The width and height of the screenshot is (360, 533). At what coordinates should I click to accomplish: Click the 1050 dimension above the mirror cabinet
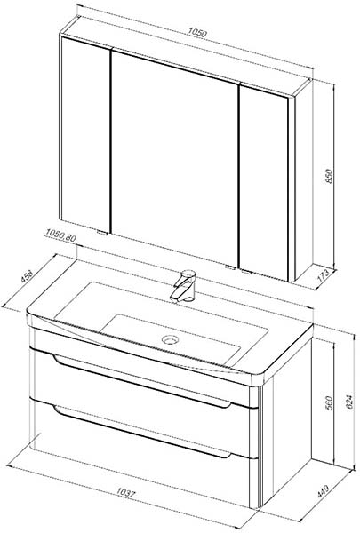point(197,33)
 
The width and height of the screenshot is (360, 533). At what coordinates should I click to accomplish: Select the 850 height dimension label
point(330,176)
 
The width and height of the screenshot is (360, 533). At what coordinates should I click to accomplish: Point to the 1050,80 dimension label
point(61,235)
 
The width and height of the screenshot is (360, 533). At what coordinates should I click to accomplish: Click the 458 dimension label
point(27,276)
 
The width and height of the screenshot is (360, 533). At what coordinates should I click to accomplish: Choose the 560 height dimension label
point(330,402)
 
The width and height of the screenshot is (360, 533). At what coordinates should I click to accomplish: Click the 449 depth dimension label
point(323,491)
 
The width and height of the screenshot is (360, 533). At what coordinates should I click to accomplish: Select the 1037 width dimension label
point(126,492)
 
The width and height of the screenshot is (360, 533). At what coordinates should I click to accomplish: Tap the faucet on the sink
point(184,285)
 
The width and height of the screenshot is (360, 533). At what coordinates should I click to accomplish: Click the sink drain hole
point(170,339)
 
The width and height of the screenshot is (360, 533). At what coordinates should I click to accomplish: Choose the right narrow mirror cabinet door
point(264,183)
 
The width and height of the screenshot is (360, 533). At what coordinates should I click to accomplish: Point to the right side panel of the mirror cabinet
point(302,180)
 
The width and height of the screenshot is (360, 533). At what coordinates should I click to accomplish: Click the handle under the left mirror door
point(101,233)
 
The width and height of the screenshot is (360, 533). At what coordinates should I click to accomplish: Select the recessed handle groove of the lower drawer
point(142,431)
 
